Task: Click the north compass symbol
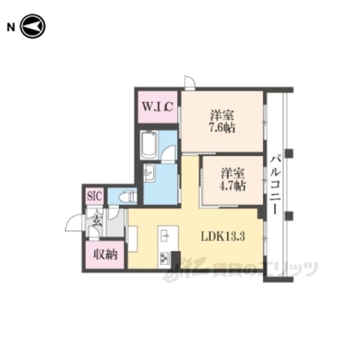[x=33, y=26]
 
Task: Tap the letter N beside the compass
[x=11, y=28]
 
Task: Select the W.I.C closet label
[x=157, y=106]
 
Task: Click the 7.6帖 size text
[x=222, y=128]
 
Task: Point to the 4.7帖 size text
[x=232, y=186]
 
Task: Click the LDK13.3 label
[x=223, y=236]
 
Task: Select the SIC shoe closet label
[x=94, y=196]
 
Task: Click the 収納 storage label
[x=105, y=254]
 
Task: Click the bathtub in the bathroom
[x=148, y=145]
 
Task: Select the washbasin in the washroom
[x=148, y=173]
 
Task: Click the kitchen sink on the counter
[x=165, y=236]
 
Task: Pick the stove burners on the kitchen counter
[x=165, y=258]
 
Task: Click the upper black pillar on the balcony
[x=289, y=153]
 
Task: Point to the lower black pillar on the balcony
[x=289, y=216]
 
